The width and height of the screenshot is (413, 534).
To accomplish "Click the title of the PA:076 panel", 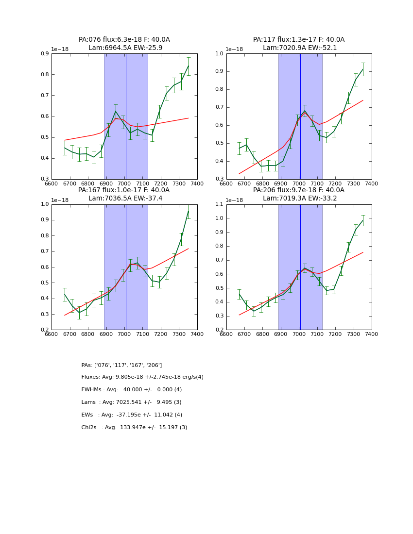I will [124, 44].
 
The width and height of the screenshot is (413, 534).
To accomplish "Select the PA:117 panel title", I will [299, 44].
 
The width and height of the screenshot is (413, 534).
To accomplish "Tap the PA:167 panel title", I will [124, 194].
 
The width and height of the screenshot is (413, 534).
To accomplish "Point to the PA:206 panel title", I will [299, 194].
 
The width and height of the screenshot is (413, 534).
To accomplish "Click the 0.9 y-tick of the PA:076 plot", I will [44, 53].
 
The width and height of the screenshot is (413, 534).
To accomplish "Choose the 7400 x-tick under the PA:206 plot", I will [372, 334].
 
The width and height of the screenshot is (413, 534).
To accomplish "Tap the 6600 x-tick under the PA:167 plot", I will [52, 334].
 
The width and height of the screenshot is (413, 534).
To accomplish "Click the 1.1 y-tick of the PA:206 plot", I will [219, 204].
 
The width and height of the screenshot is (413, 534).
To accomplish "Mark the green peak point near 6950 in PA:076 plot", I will [116, 111].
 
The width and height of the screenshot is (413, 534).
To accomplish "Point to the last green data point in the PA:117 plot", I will [363, 69].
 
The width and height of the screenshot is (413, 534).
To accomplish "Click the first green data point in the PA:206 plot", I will [239, 294].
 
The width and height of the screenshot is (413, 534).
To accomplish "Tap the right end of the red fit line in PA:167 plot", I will [189, 249].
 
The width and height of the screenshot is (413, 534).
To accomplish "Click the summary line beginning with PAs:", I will [121, 365].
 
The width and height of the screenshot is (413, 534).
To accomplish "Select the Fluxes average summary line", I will [142, 377].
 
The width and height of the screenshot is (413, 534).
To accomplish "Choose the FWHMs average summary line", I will [131, 390].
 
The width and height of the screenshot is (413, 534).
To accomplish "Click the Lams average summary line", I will [131, 402].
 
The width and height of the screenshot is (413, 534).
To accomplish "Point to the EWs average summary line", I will [132, 415].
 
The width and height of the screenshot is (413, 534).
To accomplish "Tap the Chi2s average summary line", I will [134, 428].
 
